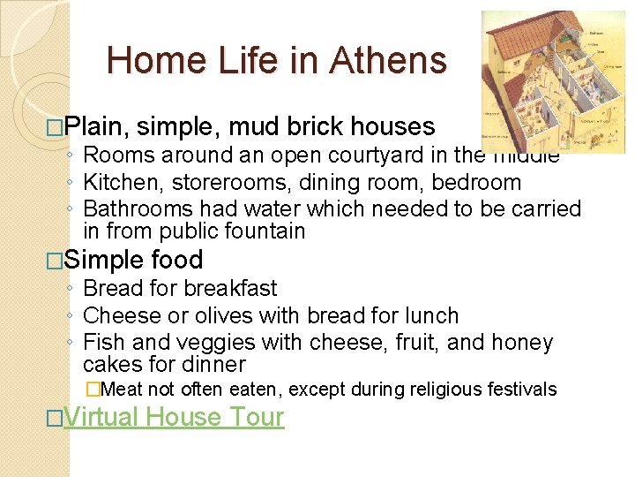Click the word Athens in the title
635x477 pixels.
pos(388,61)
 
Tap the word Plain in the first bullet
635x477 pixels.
pos(96,127)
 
